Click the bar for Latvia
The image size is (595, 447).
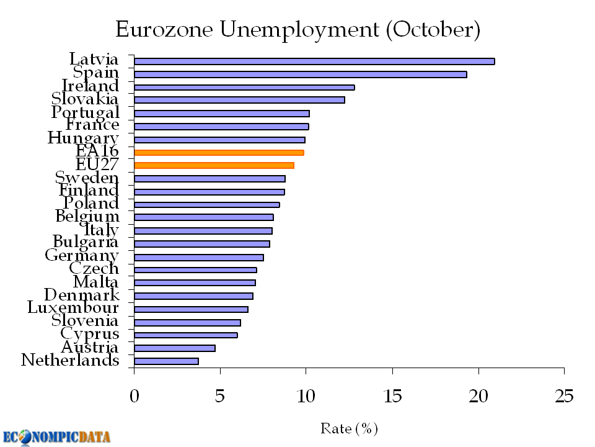tap(314, 61)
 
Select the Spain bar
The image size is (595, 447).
tap(300, 74)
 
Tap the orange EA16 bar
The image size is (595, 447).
tap(219, 152)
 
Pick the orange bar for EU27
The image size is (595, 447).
tap(214, 165)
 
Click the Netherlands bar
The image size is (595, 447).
tap(166, 361)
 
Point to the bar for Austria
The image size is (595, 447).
tap(175, 348)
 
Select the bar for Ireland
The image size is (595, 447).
tap(244, 88)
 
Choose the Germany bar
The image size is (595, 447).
tap(198, 257)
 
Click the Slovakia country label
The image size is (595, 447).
tap(85, 99)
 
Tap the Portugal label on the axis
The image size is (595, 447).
tap(85, 112)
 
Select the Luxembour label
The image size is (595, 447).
tap(73, 307)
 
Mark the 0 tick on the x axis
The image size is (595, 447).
tap(134, 396)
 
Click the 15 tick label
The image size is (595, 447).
tap(392, 396)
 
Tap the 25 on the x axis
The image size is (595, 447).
tap(564, 396)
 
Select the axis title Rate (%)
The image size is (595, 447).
tap(349, 428)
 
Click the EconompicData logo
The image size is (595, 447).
tap(57, 436)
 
